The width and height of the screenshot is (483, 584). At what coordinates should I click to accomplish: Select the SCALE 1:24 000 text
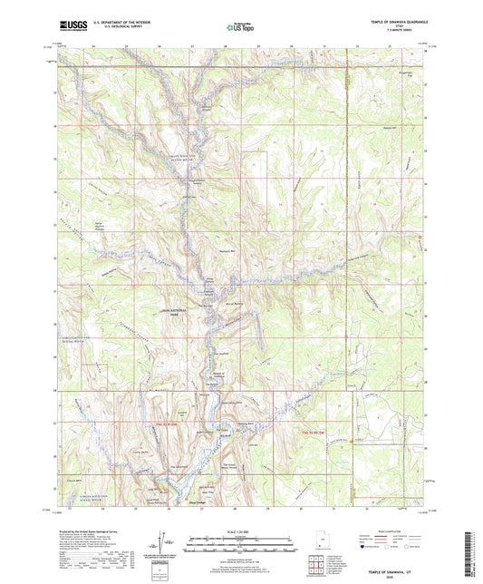[241, 529]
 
